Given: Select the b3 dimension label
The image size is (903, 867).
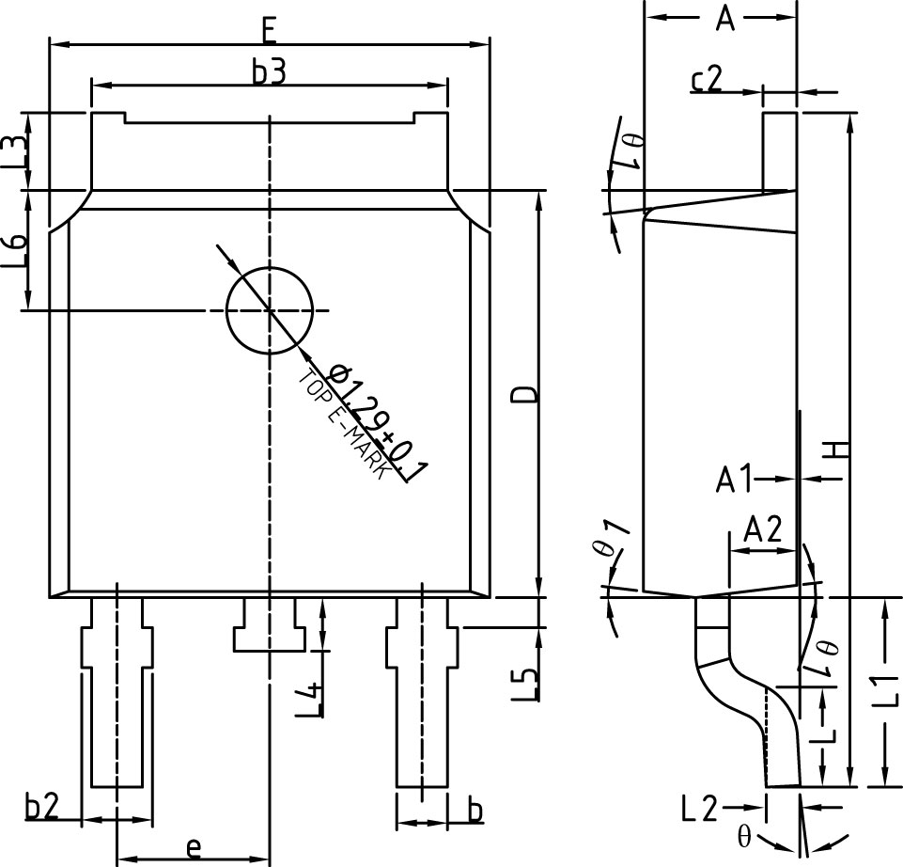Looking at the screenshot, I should (269, 72).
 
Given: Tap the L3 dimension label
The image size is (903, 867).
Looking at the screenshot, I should (13, 151).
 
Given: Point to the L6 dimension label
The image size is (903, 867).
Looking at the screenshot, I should (13, 252).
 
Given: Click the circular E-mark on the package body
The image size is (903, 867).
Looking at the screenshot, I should (270, 310).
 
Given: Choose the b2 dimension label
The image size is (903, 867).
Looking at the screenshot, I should (42, 807).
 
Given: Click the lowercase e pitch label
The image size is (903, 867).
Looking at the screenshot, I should (193, 847).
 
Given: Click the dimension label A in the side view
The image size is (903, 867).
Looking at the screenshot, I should (724, 18).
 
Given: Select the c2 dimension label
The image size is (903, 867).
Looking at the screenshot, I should (708, 80).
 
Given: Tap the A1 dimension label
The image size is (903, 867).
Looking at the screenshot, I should (735, 480).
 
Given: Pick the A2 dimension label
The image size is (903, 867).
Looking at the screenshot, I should (762, 530).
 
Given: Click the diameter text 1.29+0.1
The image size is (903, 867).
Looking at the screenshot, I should (381, 426).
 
